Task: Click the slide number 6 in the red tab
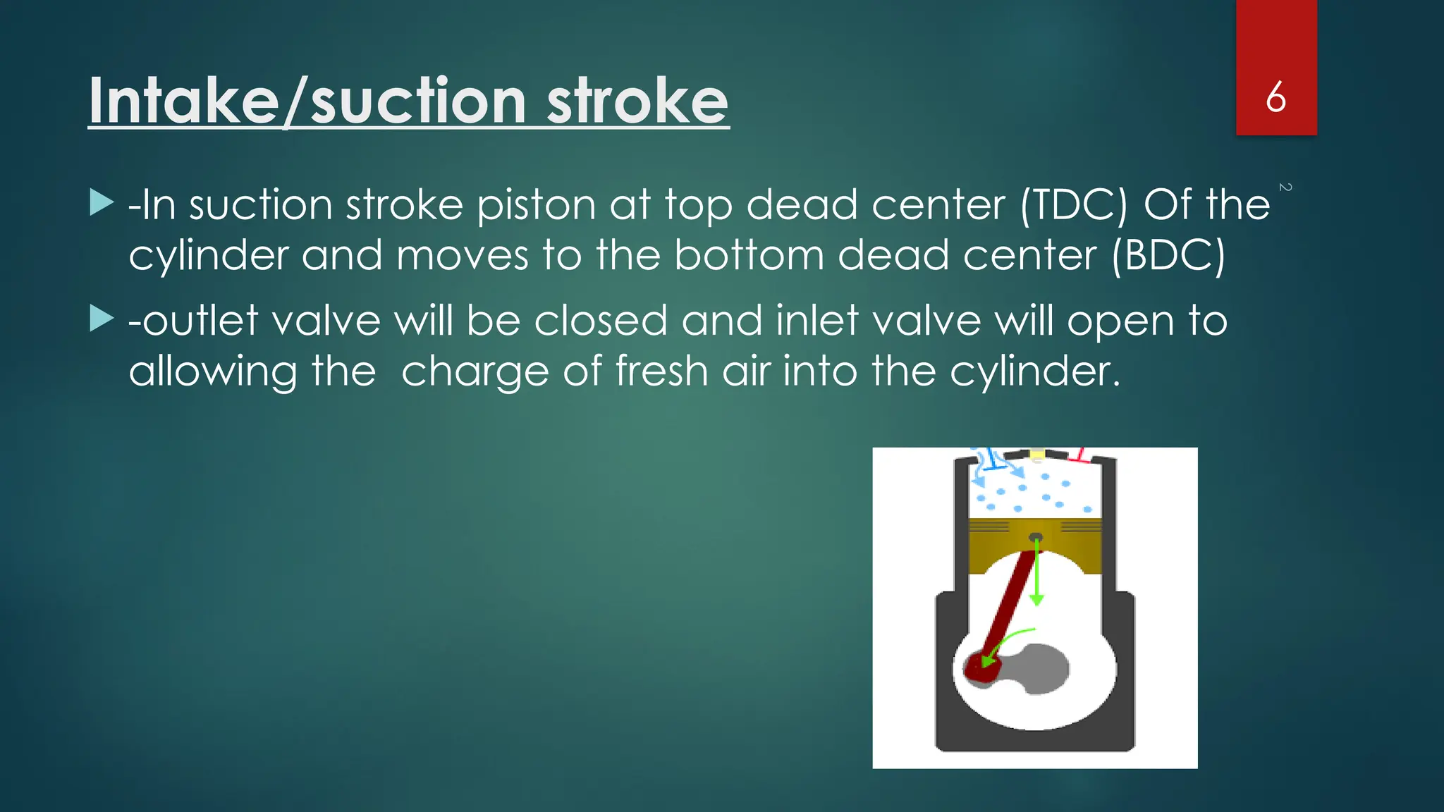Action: [1275, 97]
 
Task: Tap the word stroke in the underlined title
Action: [637, 101]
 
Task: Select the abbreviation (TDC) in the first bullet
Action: [1074, 206]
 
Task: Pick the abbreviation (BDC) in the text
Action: [1168, 255]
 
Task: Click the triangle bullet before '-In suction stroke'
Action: [102, 203]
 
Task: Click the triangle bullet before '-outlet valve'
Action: [102, 319]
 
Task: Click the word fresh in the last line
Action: [661, 371]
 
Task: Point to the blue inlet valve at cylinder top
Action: [994, 462]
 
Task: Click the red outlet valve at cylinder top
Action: [1079, 455]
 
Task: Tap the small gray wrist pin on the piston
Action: [1036, 538]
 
